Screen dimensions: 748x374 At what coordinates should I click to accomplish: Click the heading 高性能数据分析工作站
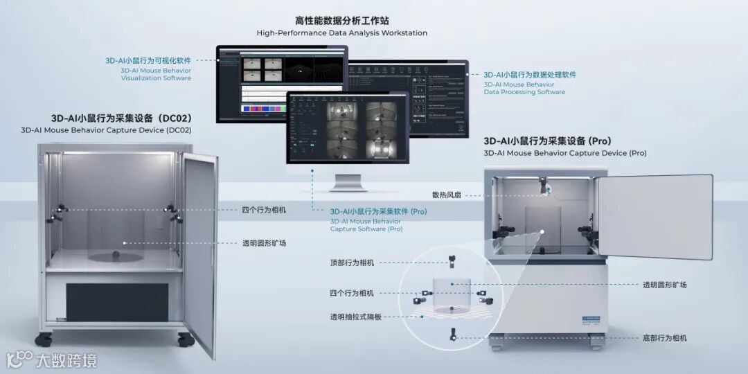point(341,21)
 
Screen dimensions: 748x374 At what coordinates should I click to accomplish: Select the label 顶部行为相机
point(352,262)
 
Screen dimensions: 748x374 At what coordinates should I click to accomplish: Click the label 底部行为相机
point(664,338)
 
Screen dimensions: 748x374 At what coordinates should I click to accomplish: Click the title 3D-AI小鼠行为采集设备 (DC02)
point(121,118)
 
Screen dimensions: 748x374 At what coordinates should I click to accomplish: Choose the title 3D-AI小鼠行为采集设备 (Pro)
point(547,141)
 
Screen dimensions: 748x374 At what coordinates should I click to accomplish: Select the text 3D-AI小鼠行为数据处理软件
point(530,74)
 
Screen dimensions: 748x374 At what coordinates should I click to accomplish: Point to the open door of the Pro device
point(654,215)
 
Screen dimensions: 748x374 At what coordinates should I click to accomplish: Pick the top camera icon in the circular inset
point(451,262)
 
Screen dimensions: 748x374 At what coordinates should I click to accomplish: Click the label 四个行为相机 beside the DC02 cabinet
point(264,210)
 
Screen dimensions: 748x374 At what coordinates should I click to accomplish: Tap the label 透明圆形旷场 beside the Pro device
point(664,285)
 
